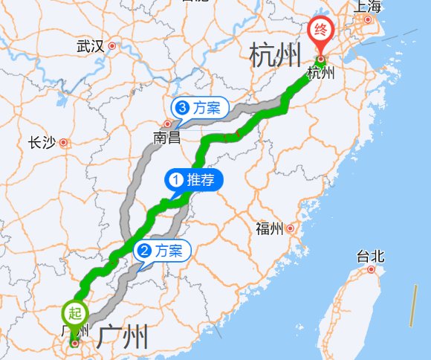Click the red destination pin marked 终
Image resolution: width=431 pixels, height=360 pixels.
pyautogui.click(x=321, y=32)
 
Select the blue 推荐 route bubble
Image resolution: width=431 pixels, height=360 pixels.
pyautogui.click(x=192, y=179)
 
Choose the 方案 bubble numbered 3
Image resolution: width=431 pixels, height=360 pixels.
pyautogui.click(x=198, y=107)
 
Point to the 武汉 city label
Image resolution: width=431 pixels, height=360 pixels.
pyautogui.click(x=90, y=46)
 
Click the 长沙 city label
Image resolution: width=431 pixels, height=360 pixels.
pyautogui.click(x=42, y=143)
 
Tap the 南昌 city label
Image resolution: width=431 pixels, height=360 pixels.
pyautogui.click(x=167, y=138)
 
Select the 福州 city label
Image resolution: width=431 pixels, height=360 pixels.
pyautogui.click(x=269, y=228)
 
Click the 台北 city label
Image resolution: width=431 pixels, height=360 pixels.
pyautogui.click(x=370, y=257)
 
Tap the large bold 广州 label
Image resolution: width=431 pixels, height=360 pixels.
pyautogui.click(x=123, y=337)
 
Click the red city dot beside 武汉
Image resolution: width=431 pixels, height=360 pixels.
pyautogui.click(x=112, y=46)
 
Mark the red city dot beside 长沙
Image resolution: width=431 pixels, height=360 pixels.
pyautogui.click(x=64, y=142)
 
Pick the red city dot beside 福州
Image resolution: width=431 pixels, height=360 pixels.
pyautogui.click(x=291, y=228)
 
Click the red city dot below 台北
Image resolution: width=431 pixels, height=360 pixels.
pyautogui.click(x=371, y=269)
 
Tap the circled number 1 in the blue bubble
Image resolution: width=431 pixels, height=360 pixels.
pyautogui.click(x=176, y=179)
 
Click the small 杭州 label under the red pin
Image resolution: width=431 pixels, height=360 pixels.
pyautogui.click(x=321, y=73)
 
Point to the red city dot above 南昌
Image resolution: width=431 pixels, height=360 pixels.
pyautogui.click(x=168, y=124)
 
